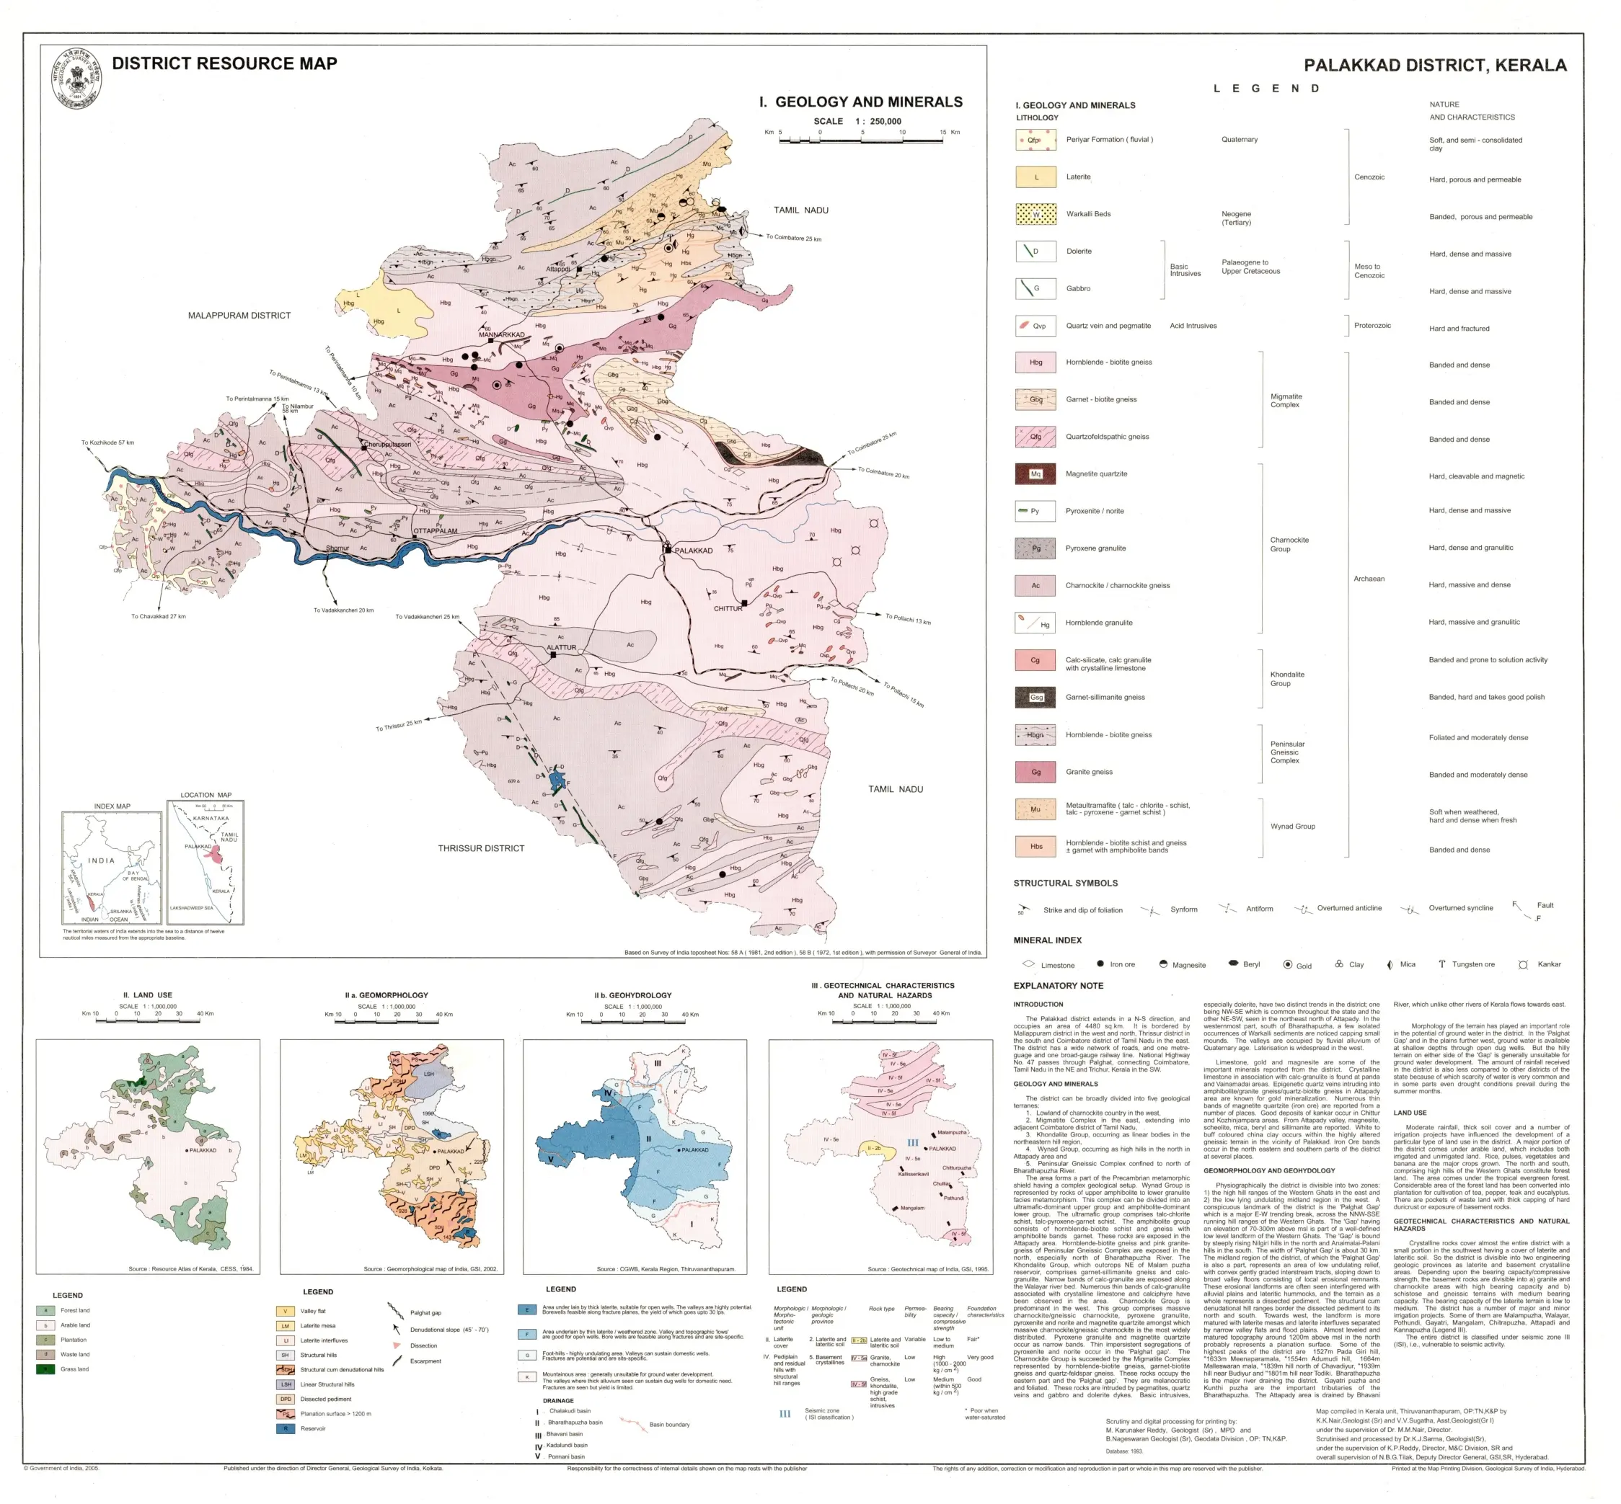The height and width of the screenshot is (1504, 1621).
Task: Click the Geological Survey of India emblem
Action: coord(76,77)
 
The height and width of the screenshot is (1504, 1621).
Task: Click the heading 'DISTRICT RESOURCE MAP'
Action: coord(224,63)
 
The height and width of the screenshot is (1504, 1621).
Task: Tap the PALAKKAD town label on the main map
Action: coord(693,550)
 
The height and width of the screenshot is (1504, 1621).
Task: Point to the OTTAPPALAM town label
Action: coord(436,530)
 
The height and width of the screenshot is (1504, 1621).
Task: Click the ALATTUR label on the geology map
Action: coord(561,648)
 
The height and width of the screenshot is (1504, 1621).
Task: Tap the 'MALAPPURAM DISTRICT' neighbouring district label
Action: coord(239,315)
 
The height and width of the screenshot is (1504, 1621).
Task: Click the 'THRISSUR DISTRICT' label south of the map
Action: coord(481,848)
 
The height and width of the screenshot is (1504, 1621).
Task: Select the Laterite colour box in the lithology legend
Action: coord(1035,177)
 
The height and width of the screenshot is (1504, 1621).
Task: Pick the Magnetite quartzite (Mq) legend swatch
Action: coord(1035,473)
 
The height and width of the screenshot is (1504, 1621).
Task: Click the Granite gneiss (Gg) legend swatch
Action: coord(1035,772)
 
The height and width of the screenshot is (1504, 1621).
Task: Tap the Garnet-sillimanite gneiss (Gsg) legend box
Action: coord(1035,697)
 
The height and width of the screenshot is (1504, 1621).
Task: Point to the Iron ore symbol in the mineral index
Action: coord(1100,964)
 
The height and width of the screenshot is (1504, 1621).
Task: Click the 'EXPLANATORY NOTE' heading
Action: coord(1058,986)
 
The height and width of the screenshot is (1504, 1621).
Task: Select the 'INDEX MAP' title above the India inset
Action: coord(112,806)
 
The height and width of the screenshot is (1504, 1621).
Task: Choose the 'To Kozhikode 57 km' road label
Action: coord(107,442)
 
